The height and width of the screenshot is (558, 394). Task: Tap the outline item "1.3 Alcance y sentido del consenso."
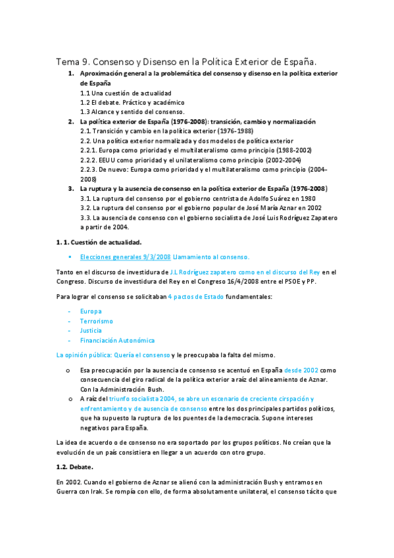point(128,112)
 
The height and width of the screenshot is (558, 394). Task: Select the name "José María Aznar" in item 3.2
point(266,207)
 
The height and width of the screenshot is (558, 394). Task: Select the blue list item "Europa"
point(91,311)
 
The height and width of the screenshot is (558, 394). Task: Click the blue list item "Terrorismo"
point(96,320)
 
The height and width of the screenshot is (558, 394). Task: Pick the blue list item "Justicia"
point(91,330)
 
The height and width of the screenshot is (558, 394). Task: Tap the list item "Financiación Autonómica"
point(117,340)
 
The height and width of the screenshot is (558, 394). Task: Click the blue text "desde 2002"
point(301,370)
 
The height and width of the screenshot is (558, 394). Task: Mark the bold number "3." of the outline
point(72,188)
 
